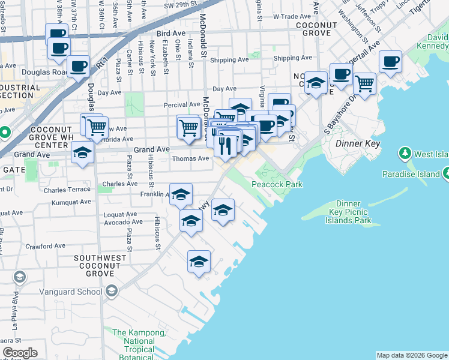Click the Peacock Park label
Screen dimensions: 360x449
click(x=277, y=184)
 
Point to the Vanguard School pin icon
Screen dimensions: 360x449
click(x=111, y=292)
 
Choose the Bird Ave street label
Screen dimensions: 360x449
click(x=171, y=34)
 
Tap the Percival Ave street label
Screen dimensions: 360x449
click(x=182, y=104)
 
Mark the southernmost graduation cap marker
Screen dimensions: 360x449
click(x=199, y=261)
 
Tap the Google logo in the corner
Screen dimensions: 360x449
click(x=20, y=353)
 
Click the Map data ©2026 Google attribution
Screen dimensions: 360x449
click(x=411, y=355)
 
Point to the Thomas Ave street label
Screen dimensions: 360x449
click(x=190, y=159)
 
